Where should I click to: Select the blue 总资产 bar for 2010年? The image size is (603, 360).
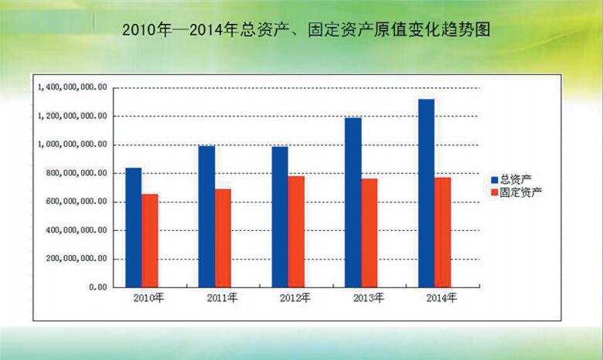tap(133, 227)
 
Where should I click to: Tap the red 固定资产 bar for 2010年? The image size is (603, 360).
tap(150, 240)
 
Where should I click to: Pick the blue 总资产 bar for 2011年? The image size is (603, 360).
tap(206, 216)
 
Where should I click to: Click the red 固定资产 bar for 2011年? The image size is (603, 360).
tap(223, 237)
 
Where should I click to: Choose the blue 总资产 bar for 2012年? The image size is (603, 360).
tap(280, 216)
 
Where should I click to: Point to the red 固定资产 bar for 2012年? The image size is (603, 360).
tap(296, 231)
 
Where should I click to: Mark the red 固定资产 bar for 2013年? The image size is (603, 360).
tap(370, 233)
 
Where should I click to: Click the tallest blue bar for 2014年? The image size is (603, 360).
tap(426, 192)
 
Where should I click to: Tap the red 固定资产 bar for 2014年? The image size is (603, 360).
tap(442, 232)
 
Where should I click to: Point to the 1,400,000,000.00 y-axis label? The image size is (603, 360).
tap(71, 87)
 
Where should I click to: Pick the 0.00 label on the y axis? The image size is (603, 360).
tap(97, 287)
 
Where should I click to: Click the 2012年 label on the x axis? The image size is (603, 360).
tap(295, 298)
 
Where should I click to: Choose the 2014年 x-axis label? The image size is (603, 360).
tap(441, 298)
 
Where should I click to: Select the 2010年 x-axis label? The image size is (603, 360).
tap(148, 298)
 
